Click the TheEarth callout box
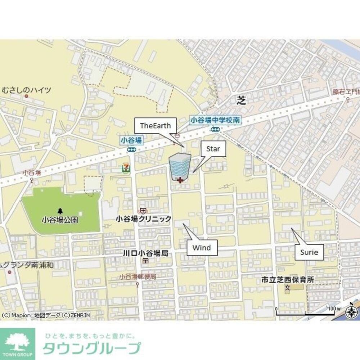155,126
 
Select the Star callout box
213,149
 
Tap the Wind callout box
202,248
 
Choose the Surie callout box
309,252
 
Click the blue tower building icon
180,167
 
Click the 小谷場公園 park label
60,219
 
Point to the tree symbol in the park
60,210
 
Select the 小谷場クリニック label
144,219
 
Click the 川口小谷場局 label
145,253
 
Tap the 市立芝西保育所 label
288,279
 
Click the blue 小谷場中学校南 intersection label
215,120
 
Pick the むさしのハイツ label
26,90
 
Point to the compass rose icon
352,310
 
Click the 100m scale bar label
334,309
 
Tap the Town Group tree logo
18,342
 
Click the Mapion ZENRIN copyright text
45,315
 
